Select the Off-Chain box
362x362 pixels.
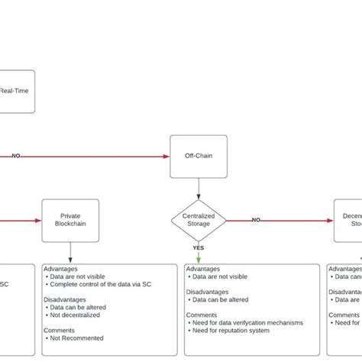tap(199, 157)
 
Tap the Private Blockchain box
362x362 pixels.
tap(70, 221)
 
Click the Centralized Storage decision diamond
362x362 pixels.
tap(199, 220)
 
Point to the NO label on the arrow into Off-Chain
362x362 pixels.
tap(16, 156)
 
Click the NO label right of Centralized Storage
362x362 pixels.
tap(257, 220)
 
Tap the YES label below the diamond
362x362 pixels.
tap(199, 248)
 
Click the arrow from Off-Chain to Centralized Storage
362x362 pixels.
tap(199, 188)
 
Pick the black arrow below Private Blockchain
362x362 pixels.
tap(70, 254)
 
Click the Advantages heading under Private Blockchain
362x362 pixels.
tap(61, 269)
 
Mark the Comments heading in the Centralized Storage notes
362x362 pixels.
tap(202, 314)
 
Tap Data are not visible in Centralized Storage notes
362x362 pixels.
tap(220, 277)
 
